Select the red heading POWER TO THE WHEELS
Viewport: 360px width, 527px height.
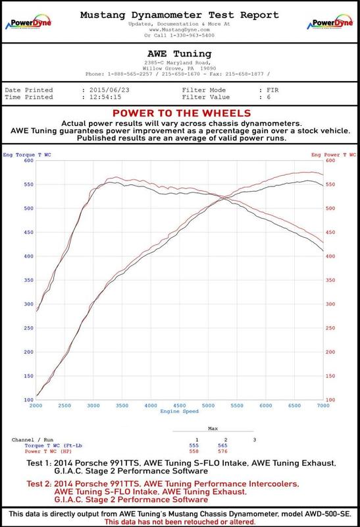(180, 113)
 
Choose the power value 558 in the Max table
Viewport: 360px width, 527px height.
(193, 451)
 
